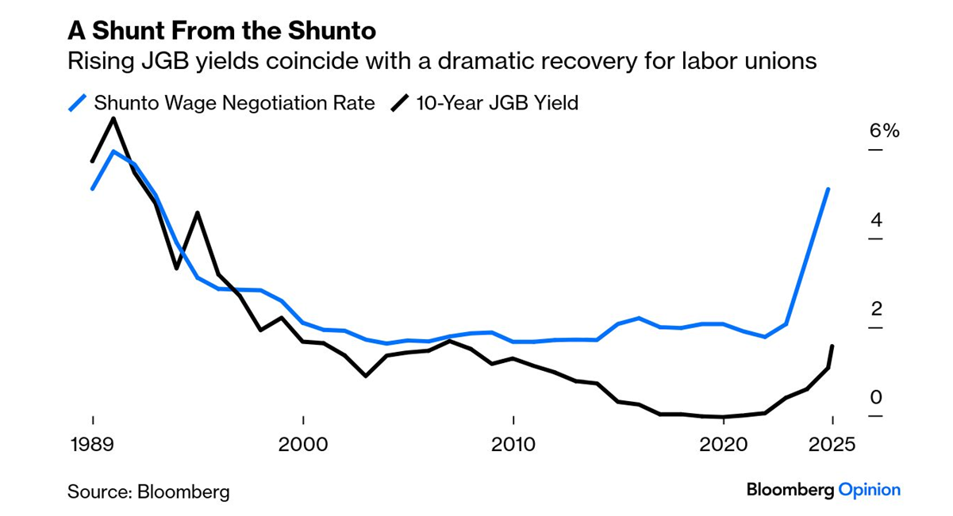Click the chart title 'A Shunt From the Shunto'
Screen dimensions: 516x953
point(221,31)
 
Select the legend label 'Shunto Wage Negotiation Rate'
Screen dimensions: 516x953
point(234,103)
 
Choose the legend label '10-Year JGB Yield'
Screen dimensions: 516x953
point(498,103)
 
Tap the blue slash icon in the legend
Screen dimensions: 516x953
point(78,103)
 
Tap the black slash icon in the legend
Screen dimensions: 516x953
point(401,103)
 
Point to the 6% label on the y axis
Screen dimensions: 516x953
point(884,131)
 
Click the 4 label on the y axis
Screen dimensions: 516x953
point(876,220)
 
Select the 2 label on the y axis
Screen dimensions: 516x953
point(876,309)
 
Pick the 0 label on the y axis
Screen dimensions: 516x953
point(876,398)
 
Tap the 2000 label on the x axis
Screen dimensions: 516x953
point(303,444)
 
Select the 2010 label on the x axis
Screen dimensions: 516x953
point(513,444)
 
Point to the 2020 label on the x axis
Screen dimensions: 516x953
point(724,444)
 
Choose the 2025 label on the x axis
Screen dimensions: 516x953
point(829,444)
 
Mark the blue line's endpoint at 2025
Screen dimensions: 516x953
point(828,189)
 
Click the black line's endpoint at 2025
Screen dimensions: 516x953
point(832,346)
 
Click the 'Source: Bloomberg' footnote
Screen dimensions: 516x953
point(148,491)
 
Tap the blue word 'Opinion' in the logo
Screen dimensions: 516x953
point(870,490)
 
